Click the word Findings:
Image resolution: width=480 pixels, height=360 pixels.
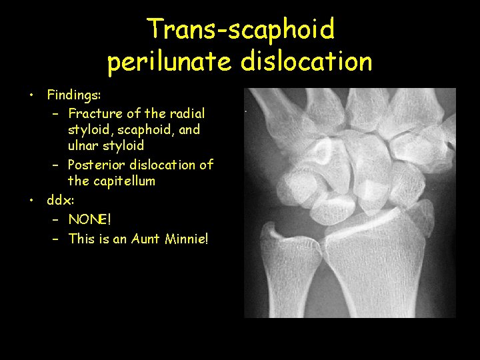click(x=73, y=96)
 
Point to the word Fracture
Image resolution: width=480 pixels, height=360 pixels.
click(x=95, y=113)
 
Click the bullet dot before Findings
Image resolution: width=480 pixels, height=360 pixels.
click(x=31, y=96)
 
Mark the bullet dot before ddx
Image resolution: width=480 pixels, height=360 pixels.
click(x=31, y=199)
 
